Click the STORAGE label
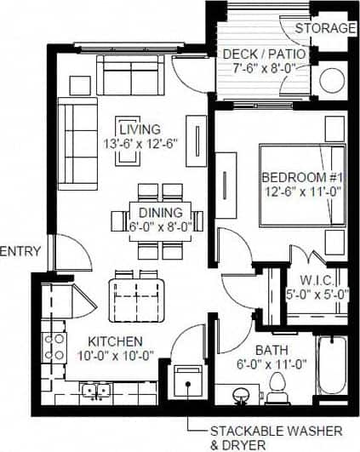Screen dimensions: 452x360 click(x=325, y=28)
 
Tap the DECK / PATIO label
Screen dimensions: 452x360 click(x=264, y=55)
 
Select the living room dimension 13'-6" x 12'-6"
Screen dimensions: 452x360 click(x=140, y=145)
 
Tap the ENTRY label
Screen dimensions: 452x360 click(x=17, y=251)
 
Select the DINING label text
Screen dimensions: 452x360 click(x=160, y=213)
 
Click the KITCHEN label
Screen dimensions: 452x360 click(x=106, y=341)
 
